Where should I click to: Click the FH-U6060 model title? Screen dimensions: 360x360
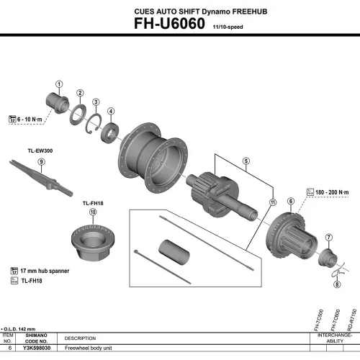click(170, 23)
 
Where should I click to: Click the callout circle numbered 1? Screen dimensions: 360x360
click(59, 84)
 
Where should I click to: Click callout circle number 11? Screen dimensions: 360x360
click(272, 203)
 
